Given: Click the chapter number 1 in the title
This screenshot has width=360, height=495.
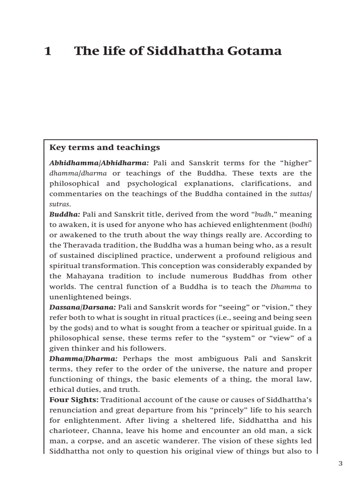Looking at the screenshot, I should pyautogui.click(x=48, y=51).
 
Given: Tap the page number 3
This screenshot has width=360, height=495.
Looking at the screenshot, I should pyautogui.click(x=340, y=463).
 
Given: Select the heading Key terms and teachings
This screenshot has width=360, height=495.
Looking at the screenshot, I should pyautogui.click(x=105, y=148).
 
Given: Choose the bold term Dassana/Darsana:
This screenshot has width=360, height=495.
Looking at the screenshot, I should pyautogui.click(x=82, y=307).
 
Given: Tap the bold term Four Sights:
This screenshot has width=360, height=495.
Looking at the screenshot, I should pyautogui.click(x=74, y=400).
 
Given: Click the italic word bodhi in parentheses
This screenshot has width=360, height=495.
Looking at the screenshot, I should pyautogui.click(x=301, y=225).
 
